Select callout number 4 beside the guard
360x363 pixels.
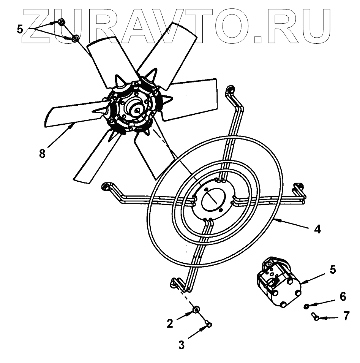pos(317,230)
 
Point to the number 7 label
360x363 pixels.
pos(346,316)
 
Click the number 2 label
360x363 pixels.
pos(170,323)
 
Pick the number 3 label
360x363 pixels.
pos(181,345)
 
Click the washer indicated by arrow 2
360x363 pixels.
pos(196,311)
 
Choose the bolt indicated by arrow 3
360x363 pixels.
pos(208,324)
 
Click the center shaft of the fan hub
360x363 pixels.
pos(136,109)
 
